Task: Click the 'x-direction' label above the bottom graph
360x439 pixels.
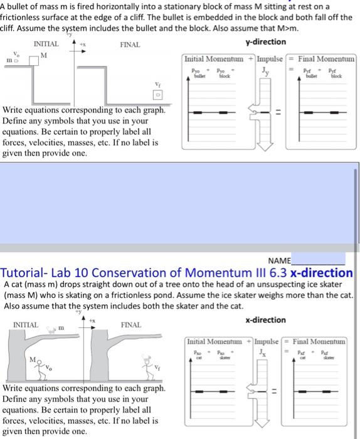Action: pyautogui.click(x=265, y=319)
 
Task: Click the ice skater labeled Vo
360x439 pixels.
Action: pyautogui.click(x=43, y=371)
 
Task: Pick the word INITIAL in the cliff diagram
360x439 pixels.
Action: pyautogui.click(x=46, y=45)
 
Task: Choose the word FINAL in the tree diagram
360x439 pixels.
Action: pyautogui.click(x=130, y=325)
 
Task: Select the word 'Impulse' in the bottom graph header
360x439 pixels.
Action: pyautogui.click(x=270, y=342)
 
